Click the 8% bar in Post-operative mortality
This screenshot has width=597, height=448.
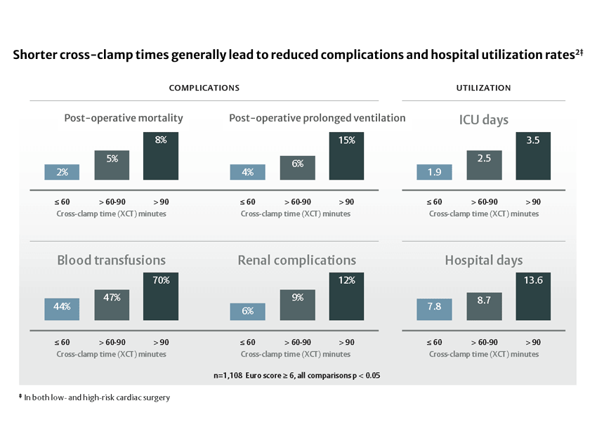click(x=161, y=156)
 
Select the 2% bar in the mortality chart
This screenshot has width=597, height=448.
click(x=62, y=172)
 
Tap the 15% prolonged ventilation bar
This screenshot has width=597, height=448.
click(x=346, y=156)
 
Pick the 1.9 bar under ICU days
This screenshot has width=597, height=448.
click(x=434, y=172)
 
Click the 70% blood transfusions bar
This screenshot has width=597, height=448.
click(x=161, y=296)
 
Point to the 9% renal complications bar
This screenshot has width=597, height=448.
click(x=297, y=305)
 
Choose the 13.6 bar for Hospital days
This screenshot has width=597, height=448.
click(x=533, y=296)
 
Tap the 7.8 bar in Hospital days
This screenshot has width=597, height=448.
click(x=434, y=310)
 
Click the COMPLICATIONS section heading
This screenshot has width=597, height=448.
click(x=204, y=88)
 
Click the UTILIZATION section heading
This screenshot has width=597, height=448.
click(x=483, y=88)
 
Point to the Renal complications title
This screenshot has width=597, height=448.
click(x=296, y=261)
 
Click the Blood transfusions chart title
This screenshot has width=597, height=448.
click(x=111, y=261)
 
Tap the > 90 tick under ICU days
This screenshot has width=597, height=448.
click(x=533, y=202)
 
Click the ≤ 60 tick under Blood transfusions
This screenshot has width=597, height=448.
click(x=62, y=342)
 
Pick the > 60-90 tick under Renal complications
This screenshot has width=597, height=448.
click(x=297, y=342)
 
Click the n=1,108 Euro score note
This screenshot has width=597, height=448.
click(x=296, y=375)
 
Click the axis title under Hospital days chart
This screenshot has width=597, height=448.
click(x=483, y=354)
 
